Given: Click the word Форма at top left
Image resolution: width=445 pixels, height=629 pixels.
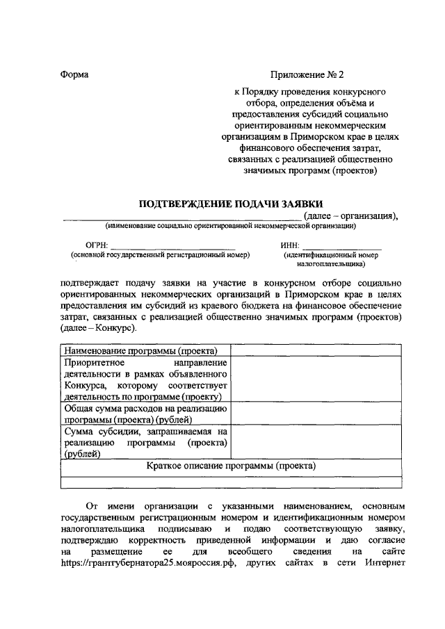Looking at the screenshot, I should click(74, 74).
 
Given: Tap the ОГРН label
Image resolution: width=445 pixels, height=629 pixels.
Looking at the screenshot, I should click(97, 245).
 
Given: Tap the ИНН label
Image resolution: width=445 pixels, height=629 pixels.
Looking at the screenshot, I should click(290, 245).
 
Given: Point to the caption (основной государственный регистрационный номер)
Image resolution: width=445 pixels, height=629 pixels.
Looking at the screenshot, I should click(159, 255).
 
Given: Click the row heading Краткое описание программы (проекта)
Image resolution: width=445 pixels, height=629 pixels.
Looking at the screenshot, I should click(232, 466).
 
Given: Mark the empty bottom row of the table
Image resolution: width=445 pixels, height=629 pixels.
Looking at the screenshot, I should click(232, 481).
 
